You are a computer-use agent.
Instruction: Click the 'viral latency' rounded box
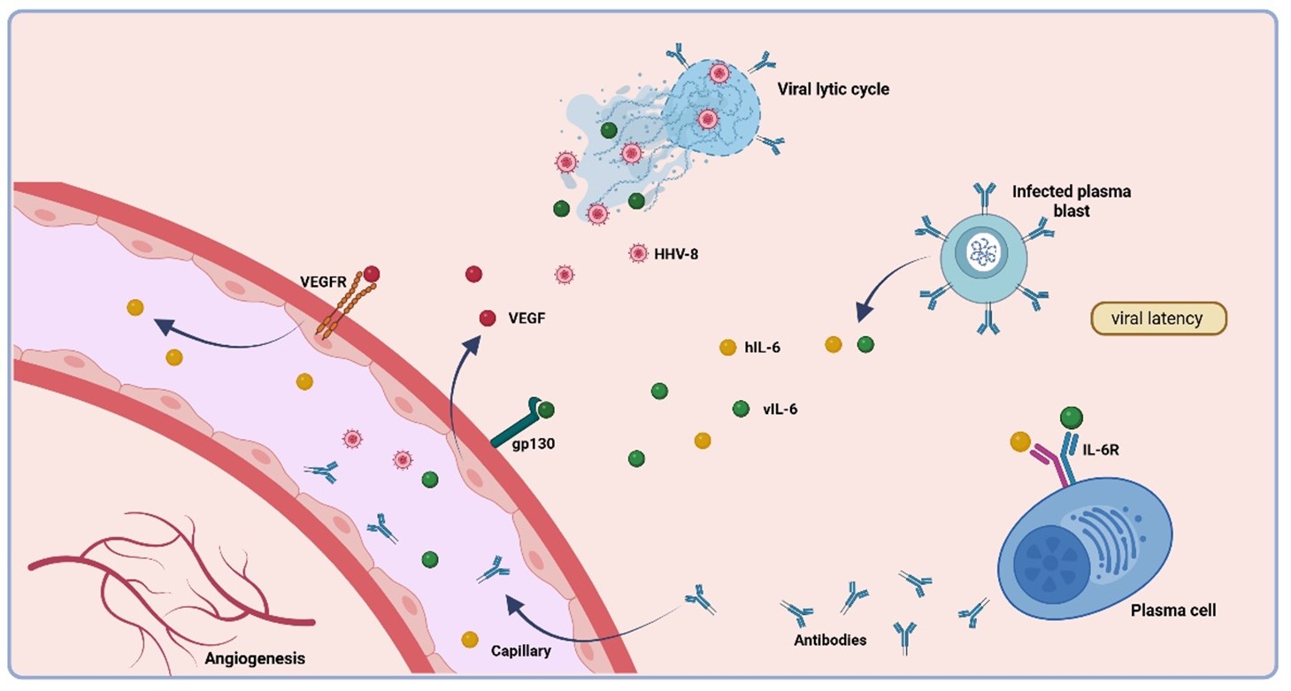pos(1159,319)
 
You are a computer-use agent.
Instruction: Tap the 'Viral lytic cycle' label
pos(833,88)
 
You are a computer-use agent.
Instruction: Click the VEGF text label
pos(526,318)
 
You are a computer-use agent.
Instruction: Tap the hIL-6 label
pos(762,348)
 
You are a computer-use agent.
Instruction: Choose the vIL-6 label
pos(780,409)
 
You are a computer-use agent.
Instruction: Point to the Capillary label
pos(520,651)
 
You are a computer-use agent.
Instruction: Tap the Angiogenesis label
pos(255,658)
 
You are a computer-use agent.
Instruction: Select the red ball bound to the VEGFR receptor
pos(371,274)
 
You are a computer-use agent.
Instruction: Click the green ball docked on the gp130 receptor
pos(546,410)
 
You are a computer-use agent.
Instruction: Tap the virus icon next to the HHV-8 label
pos(637,254)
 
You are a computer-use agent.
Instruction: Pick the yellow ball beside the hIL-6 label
pos(727,348)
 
